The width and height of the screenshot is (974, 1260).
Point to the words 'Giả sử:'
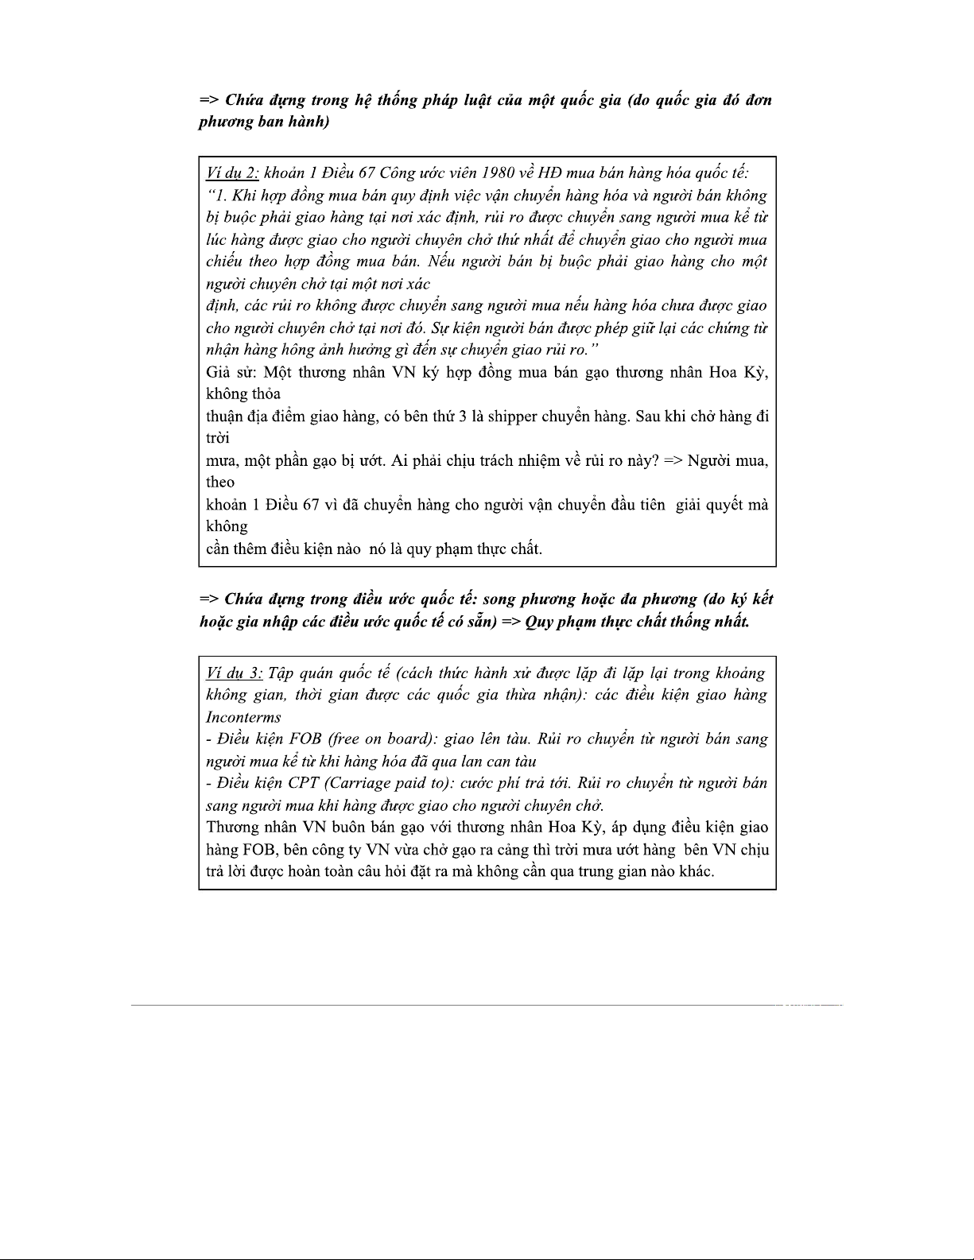click(x=231, y=372)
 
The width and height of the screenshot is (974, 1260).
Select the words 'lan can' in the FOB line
click(x=491, y=761)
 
